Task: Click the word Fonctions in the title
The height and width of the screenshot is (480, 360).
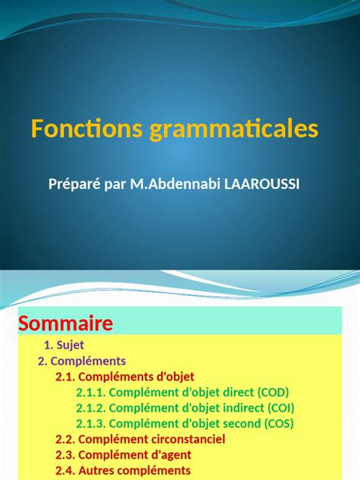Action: tap(86, 129)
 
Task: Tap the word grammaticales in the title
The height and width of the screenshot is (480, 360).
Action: tap(233, 131)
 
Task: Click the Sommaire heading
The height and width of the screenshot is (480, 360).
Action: tap(65, 324)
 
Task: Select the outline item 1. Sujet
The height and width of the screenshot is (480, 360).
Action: tap(69, 345)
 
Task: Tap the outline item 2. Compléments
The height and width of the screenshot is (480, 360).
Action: tap(82, 361)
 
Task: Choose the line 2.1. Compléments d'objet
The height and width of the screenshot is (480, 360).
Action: tap(125, 377)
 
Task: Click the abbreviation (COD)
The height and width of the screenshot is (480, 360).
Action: tap(273, 393)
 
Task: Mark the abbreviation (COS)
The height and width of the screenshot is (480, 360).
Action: tap(276, 424)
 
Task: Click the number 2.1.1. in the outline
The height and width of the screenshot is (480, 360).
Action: tap(90, 393)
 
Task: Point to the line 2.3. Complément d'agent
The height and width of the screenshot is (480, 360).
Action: tap(123, 455)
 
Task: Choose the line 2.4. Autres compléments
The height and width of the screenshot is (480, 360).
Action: tap(122, 471)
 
